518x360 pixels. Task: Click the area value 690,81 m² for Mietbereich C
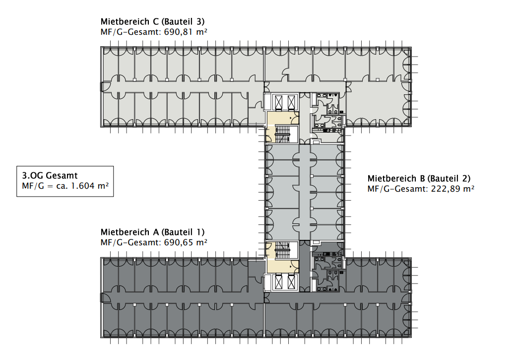point(186,32)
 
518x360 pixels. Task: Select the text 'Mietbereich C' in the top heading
point(129,22)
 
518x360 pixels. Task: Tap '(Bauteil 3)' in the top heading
point(183,22)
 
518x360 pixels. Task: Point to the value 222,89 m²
point(453,189)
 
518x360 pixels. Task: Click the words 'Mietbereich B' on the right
point(396,179)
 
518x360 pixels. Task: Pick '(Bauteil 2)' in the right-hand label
point(449,179)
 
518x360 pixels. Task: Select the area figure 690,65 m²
point(186,242)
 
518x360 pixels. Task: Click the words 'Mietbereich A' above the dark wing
point(129,232)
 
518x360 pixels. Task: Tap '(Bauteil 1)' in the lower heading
point(183,232)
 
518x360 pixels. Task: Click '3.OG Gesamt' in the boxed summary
point(50,176)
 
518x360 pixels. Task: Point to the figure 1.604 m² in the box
point(90,186)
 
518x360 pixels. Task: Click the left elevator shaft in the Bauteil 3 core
point(278,102)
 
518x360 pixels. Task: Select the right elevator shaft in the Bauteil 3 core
point(291,102)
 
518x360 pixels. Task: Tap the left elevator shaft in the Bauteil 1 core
point(278,282)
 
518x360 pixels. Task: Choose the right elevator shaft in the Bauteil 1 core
point(291,282)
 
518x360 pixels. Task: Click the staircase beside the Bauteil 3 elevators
point(282,134)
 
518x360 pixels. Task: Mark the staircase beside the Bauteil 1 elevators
point(282,250)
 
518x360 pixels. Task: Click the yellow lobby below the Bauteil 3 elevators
point(283,118)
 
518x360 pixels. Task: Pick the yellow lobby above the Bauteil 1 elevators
point(283,267)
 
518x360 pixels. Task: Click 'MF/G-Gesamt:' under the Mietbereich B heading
point(397,189)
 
